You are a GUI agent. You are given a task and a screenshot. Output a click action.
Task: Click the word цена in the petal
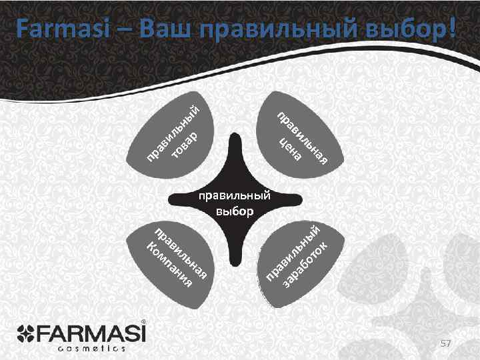[x=291, y=149]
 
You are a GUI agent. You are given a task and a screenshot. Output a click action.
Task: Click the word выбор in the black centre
[x=235, y=212]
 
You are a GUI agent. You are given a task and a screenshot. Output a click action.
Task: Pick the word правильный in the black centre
[x=235, y=195]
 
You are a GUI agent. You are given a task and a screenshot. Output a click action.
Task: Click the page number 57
[x=446, y=342]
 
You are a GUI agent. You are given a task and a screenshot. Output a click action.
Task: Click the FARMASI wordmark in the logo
[x=100, y=331]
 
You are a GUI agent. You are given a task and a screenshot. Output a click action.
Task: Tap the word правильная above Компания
[x=183, y=253]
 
